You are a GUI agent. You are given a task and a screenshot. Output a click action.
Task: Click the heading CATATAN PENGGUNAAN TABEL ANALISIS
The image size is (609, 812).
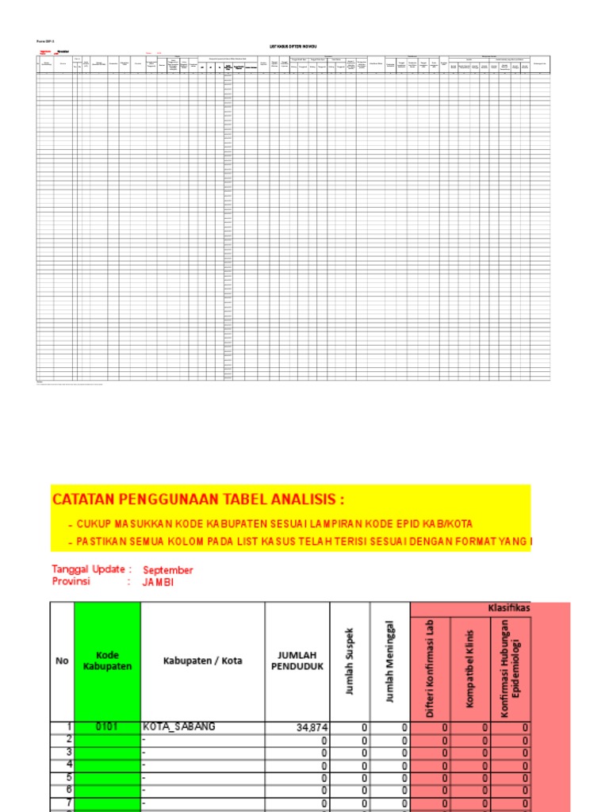[198, 500]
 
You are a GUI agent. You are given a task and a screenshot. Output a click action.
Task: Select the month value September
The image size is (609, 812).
[167, 569]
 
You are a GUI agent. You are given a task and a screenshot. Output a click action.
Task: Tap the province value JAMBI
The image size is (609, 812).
[158, 582]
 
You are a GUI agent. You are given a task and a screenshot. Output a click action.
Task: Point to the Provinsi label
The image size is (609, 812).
[71, 581]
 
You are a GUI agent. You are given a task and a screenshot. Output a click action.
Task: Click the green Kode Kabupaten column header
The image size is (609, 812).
[107, 661]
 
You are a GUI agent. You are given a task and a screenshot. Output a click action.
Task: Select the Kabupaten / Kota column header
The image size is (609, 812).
[202, 661]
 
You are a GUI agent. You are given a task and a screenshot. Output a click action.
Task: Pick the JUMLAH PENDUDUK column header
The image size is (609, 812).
[297, 661]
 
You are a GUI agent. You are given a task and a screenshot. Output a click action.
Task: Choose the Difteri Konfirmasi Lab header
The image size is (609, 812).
[430, 668]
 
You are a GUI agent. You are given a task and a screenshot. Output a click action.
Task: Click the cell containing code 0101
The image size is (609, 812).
[107, 726]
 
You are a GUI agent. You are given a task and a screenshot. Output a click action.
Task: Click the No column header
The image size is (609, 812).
[62, 661]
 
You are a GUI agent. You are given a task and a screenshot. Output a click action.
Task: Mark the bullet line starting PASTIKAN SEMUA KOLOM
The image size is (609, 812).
[301, 542]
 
